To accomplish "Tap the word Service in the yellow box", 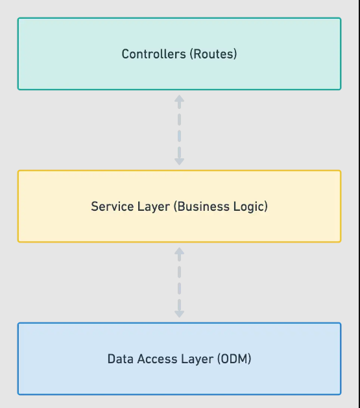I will (110, 207).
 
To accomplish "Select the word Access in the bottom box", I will (152, 359).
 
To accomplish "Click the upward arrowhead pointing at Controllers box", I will (179, 99).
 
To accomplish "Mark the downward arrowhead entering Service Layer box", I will (179, 160).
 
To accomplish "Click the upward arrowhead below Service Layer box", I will (179, 252).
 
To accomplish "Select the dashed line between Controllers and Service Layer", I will (179, 130).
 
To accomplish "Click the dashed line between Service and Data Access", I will (179, 282).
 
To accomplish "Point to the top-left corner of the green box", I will (18, 18).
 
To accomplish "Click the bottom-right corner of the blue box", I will (340, 394).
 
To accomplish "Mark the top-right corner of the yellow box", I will (340, 171).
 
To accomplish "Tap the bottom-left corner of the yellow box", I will (18, 241).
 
